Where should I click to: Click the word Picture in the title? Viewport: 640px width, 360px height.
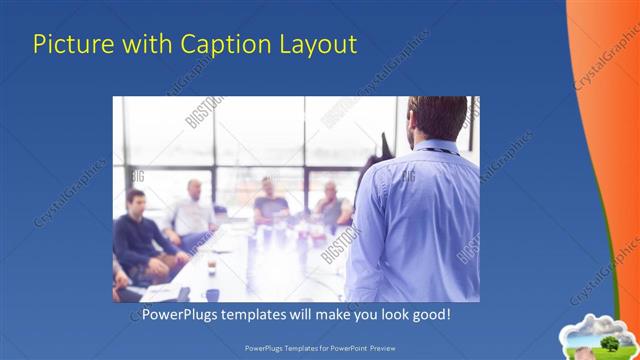pyautogui.click(x=69, y=45)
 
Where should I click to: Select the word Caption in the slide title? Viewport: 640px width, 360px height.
pyautogui.click(x=213, y=45)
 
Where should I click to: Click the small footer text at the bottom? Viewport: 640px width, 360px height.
pyautogui.click(x=319, y=349)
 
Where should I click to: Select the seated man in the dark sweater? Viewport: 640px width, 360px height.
pyautogui.click(x=138, y=235)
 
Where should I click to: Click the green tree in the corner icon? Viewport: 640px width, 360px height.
pyautogui.click(x=609, y=343)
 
